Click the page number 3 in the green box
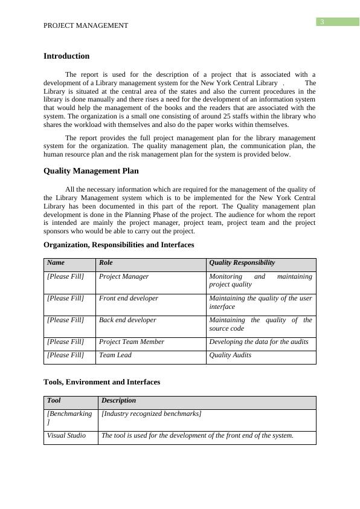(323, 22)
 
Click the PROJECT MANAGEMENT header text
(86, 25)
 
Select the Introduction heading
(66, 56)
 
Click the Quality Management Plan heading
(91, 171)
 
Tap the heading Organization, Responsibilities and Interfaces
(119, 245)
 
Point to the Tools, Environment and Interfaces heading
(102, 382)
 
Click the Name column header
(56, 263)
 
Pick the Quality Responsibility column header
(242, 263)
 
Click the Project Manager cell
(124, 277)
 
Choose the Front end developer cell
(129, 299)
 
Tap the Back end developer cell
(127, 320)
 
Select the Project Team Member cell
(132, 342)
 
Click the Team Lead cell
(115, 355)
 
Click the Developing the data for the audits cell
(259, 342)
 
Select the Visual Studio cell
(66, 436)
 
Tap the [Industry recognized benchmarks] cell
(152, 413)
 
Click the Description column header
(119, 401)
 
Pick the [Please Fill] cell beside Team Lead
(66, 355)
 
